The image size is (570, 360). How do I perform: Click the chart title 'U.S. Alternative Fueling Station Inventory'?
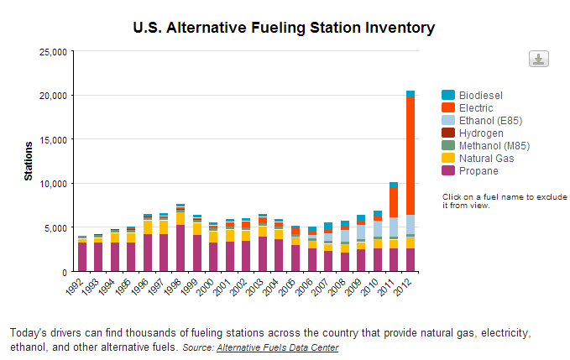284,28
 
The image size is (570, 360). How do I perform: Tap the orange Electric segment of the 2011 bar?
394,202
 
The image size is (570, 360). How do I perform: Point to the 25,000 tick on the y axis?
53,51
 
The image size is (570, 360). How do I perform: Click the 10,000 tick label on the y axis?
53,184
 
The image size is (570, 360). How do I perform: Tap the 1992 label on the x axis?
78,288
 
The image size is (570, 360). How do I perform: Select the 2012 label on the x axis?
406,288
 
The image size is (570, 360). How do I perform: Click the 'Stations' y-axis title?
29,162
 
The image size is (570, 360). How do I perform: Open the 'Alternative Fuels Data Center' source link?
277,347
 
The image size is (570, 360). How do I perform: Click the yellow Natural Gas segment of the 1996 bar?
148,227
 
